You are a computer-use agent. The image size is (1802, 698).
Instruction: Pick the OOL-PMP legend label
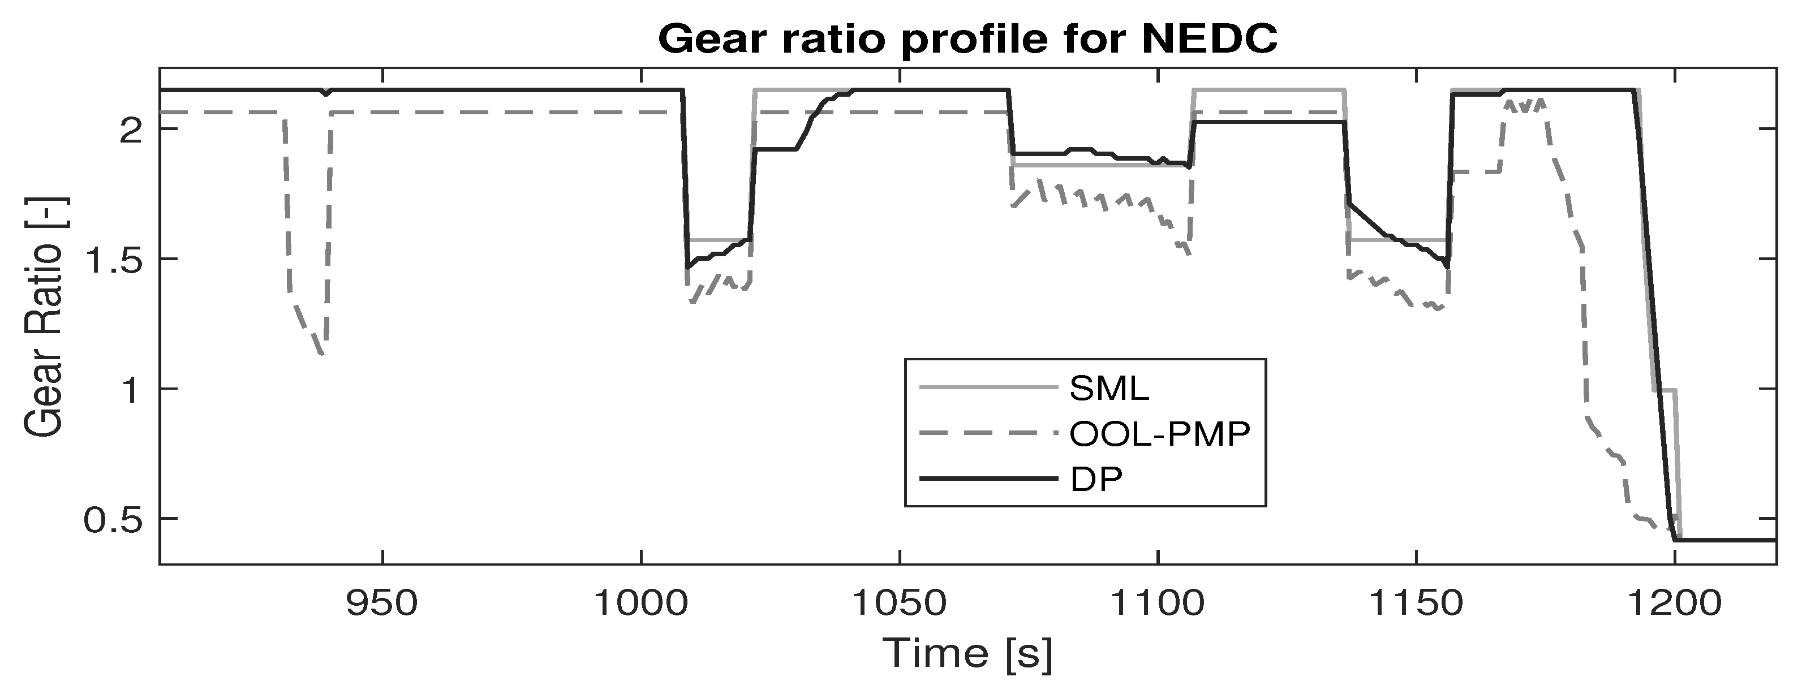[x=1159, y=434]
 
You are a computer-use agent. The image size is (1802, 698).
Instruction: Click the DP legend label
[x=1095, y=480]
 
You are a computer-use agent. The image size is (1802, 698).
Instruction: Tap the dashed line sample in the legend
[x=988, y=434]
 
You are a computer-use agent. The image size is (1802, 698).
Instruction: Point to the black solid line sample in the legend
[x=988, y=480]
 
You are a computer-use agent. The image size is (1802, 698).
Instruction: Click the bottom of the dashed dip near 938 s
[x=322, y=355]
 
